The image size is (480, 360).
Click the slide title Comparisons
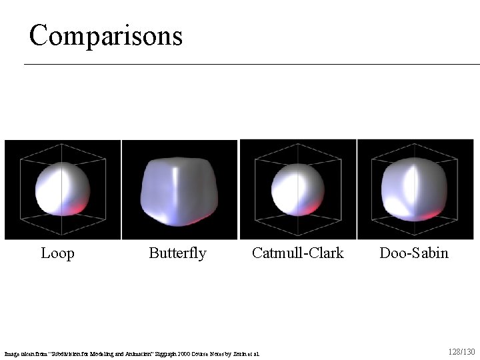tap(105, 35)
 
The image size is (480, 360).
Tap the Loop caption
tap(57, 253)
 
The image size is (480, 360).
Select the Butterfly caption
tap(177, 253)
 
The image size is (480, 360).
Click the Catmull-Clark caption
tap(297, 253)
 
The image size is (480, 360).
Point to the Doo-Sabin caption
tap(414, 253)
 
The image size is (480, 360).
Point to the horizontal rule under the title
tap(252, 64)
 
